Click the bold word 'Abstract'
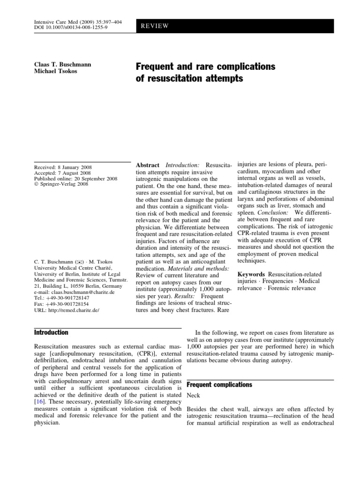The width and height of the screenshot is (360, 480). click(x=147, y=165)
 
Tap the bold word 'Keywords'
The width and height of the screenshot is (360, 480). click(x=254, y=273)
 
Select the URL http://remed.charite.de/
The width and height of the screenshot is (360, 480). click(x=67, y=310)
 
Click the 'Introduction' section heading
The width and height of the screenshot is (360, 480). click(x=52, y=332)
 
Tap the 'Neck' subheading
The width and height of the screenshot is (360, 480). click(x=193, y=396)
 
